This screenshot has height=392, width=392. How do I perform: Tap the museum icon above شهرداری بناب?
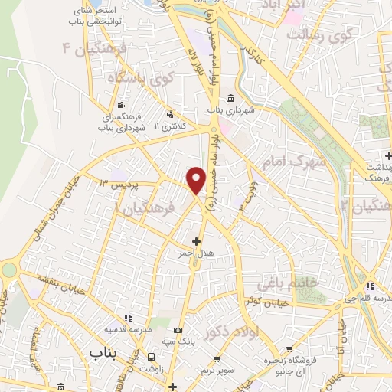coord(231,99)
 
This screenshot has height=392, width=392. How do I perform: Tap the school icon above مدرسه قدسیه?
coord(128,317)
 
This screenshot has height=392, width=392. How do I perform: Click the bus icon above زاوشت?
coord(152,357)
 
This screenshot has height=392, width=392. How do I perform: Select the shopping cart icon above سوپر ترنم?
coord(217,358)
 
